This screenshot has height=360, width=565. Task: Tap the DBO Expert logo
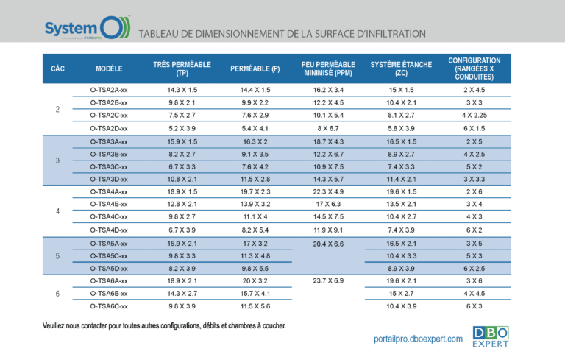(490, 336)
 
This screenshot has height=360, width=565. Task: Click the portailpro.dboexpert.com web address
(418, 339)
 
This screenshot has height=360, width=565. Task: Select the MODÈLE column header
(109, 69)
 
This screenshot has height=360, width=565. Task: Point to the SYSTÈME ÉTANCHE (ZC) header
(401, 69)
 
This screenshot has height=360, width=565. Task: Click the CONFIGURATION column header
(474, 68)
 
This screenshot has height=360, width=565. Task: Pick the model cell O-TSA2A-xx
(109, 90)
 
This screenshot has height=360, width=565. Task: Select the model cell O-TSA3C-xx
(109, 166)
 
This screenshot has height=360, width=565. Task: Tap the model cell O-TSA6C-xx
(109, 306)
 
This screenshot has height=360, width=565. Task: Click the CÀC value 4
(58, 211)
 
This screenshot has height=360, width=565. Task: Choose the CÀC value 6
(58, 294)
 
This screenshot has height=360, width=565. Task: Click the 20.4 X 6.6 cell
(328, 244)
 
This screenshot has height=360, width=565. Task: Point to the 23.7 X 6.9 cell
(328, 280)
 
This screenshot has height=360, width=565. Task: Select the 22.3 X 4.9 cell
(328, 191)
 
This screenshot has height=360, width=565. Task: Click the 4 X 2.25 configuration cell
(474, 116)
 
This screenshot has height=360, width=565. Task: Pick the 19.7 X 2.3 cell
(255, 191)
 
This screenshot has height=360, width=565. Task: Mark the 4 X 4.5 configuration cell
(474, 293)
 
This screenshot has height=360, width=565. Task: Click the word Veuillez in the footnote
(57, 325)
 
